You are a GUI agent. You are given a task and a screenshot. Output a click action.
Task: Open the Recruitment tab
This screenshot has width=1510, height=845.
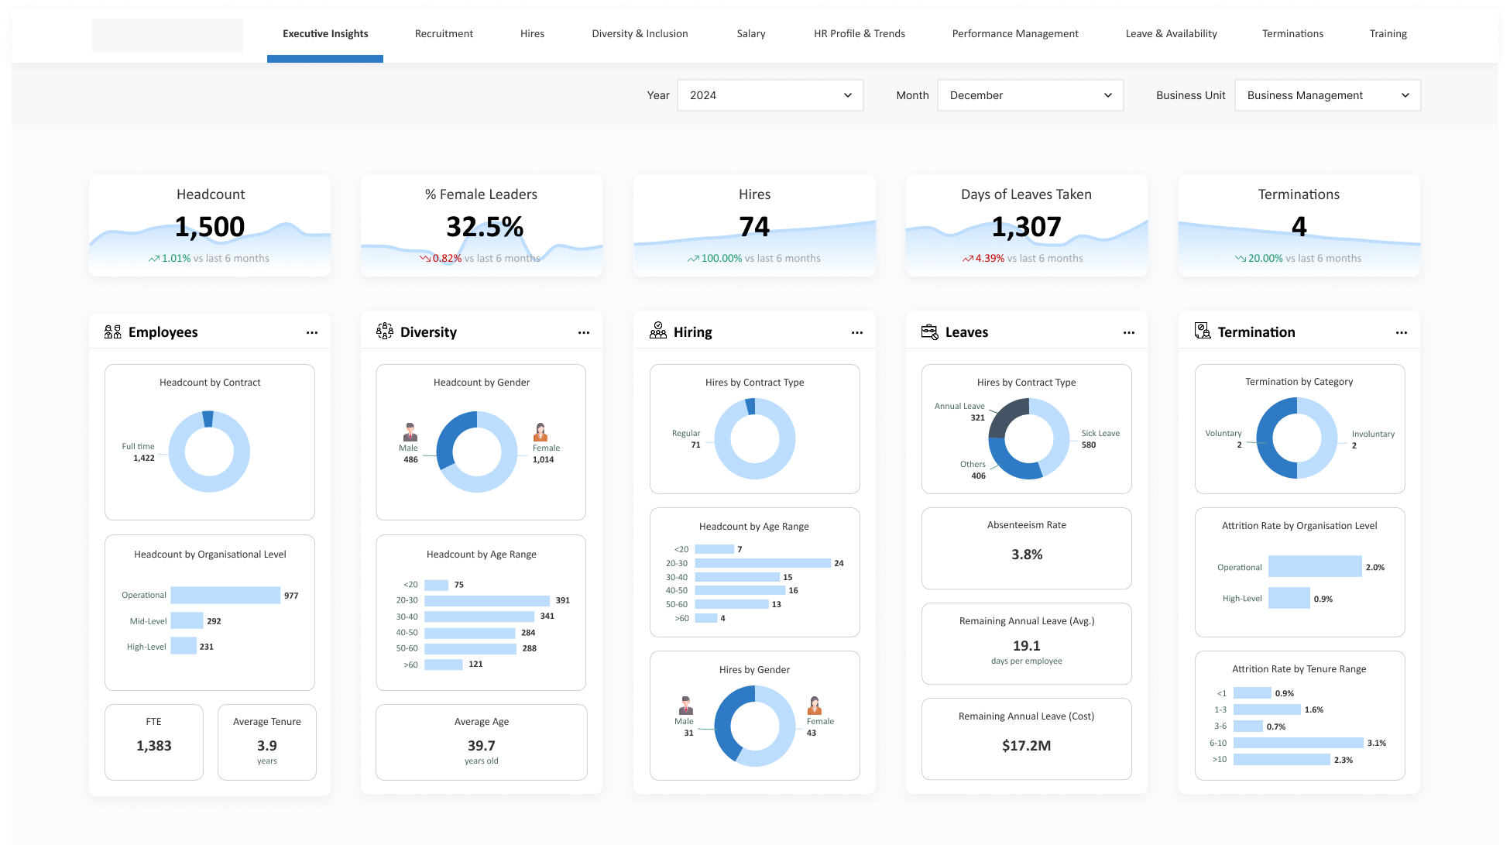click(444, 33)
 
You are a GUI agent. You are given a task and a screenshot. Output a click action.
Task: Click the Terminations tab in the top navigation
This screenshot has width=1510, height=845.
click(1292, 33)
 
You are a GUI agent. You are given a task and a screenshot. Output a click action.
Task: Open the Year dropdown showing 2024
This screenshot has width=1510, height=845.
click(770, 95)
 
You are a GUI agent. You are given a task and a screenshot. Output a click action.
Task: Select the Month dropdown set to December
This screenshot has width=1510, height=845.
click(1030, 95)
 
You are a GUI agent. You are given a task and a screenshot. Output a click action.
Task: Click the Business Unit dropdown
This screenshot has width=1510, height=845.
click(1327, 95)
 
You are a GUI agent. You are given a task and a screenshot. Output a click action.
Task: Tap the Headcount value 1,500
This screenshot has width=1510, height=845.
click(210, 227)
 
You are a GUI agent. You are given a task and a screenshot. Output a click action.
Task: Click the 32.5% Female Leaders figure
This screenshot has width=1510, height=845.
click(485, 227)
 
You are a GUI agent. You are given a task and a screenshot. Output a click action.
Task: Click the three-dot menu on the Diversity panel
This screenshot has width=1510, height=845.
click(583, 333)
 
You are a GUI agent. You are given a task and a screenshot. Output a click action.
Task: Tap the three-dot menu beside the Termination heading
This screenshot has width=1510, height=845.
click(1401, 333)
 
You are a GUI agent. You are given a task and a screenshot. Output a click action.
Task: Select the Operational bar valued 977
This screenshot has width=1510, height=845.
click(225, 595)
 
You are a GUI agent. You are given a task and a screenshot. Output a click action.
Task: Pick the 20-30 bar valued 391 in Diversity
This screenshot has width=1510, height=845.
click(487, 600)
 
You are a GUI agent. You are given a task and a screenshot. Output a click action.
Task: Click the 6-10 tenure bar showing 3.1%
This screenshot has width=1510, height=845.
click(1298, 743)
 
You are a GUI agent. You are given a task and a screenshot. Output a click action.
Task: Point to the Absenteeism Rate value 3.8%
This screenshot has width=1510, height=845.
click(1027, 555)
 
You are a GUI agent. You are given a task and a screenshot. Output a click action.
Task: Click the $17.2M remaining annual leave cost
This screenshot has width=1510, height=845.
click(1026, 746)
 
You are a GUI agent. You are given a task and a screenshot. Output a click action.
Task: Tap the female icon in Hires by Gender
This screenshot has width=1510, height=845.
click(815, 706)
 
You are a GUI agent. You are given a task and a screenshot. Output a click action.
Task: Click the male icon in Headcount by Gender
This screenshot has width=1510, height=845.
click(410, 432)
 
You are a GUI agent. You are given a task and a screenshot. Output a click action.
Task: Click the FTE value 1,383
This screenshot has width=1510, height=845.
click(154, 746)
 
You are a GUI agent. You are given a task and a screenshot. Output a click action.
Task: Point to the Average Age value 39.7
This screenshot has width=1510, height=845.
click(481, 746)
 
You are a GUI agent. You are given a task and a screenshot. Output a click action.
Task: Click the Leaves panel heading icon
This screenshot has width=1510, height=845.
click(929, 331)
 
